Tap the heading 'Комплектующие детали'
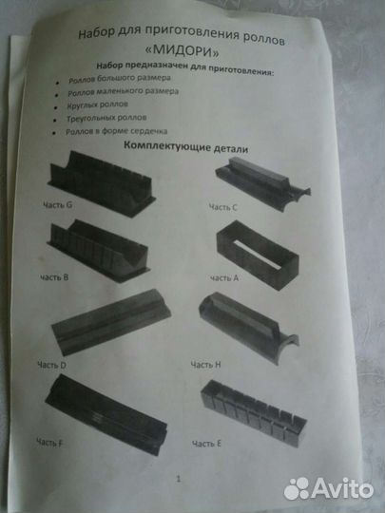coord(186,148)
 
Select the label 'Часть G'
coord(58,205)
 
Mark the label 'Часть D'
coord(58,366)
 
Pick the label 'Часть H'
coord(207,364)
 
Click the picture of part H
coord(252,328)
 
